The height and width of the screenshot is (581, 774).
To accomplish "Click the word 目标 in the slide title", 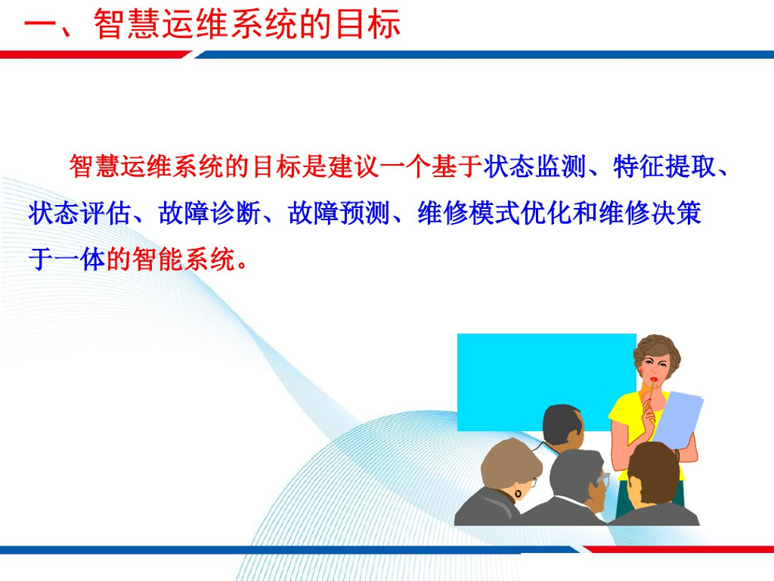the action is pyautogui.click(x=367, y=23).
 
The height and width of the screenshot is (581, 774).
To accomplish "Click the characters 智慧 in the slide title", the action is pyautogui.click(x=127, y=23).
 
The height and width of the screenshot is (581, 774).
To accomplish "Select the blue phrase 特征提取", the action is pyautogui.click(x=664, y=166).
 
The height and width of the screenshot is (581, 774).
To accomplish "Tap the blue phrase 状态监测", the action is pyautogui.click(x=534, y=166).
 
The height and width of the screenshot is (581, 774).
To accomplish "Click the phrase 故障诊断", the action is pyautogui.click(x=210, y=213).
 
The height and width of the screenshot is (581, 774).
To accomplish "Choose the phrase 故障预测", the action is pyautogui.click(x=339, y=213).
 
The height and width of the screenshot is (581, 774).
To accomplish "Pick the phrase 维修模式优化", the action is pyautogui.click(x=494, y=213).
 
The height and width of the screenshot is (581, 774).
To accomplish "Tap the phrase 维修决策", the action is pyautogui.click(x=650, y=213).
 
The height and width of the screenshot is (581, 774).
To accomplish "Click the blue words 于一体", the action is pyautogui.click(x=67, y=259).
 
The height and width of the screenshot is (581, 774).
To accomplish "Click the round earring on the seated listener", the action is pyautogui.click(x=519, y=493).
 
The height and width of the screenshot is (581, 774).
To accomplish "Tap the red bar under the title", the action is pyautogui.click(x=94, y=54).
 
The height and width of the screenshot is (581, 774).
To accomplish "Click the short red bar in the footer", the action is pyautogui.click(x=679, y=549).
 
